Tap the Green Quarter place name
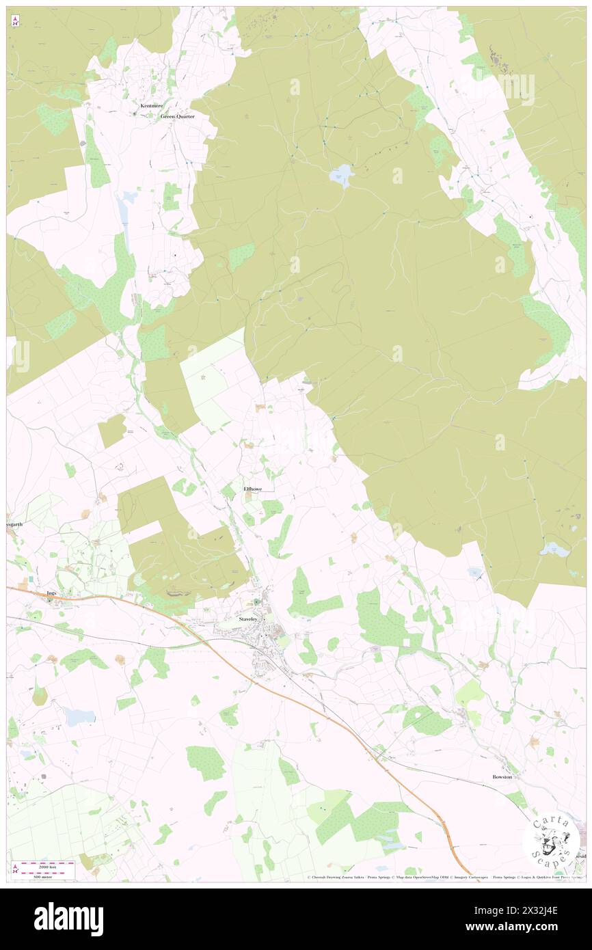click(177, 117)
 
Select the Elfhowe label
click(252, 489)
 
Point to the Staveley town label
click(247, 619)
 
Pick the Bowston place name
click(502, 777)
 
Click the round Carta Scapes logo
click(551, 840)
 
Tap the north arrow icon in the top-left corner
click(15, 22)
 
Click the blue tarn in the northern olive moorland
click(340, 175)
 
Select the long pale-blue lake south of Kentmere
click(125, 213)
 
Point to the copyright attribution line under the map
click(444, 878)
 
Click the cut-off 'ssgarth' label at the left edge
click(15, 525)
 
